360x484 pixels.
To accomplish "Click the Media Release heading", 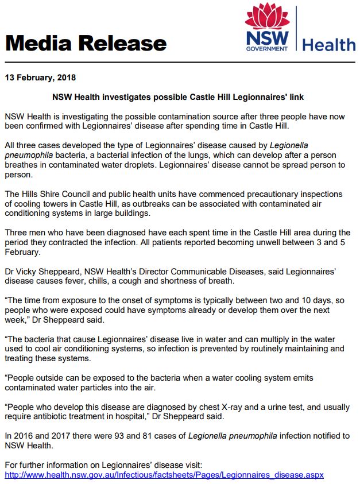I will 86,43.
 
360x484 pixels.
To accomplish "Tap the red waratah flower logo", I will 268,17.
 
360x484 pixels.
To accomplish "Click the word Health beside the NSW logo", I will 329,44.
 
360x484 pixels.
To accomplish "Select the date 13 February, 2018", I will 40,77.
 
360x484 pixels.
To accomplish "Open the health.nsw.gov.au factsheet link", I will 164,475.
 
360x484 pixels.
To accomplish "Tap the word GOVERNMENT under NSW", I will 267,49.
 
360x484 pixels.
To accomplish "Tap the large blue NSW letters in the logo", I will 267,38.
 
